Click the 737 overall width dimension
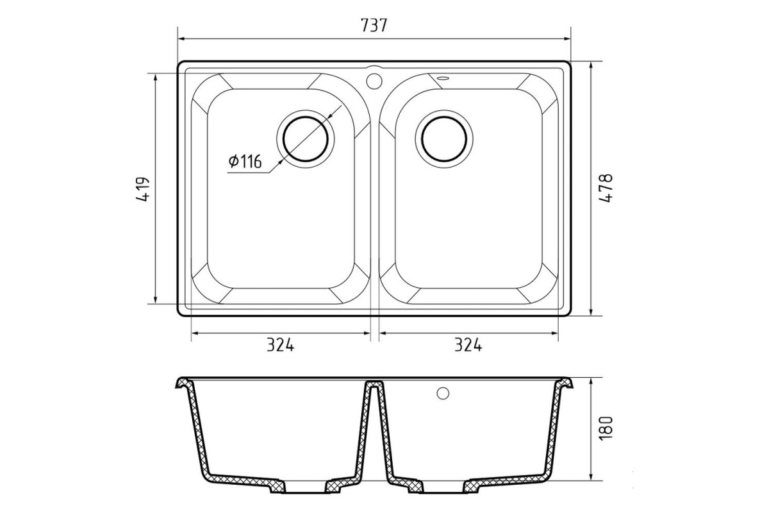pos(374,25)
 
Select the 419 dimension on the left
pos(143,189)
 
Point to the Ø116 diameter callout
pos(245,161)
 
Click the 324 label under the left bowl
pos(281,345)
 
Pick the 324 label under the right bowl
pos(468,345)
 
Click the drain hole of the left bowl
pos(306,139)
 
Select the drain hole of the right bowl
pos(444,139)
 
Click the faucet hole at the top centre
pos(374,81)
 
